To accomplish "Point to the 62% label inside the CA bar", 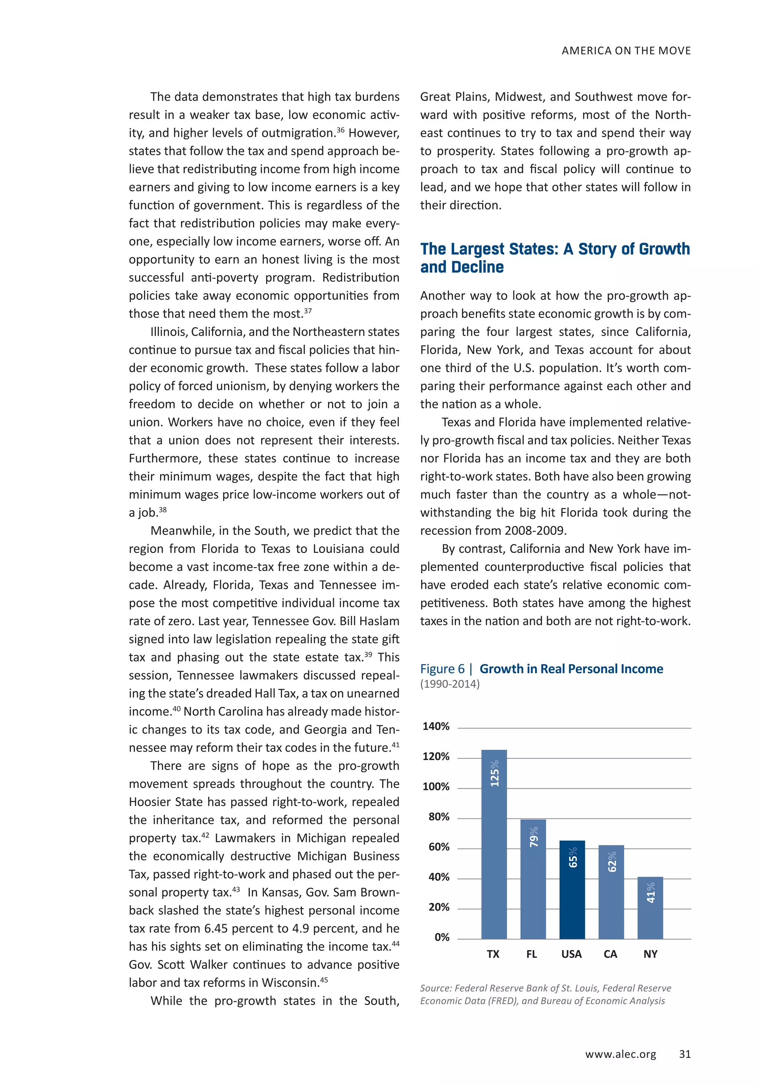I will pyautogui.click(x=611, y=862).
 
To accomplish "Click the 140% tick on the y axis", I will pyautogui.click(x=435, y=726).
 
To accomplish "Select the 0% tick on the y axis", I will pyautogui.click(x=442, y=937).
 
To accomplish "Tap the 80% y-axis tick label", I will pyautogui.click(x=439, y=817).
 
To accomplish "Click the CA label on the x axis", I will pyautogui.click(x=610, y=954).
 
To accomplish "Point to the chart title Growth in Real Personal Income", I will pyautogui.click(x=571, y=669).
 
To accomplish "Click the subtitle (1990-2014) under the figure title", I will pyautogui.click(x=450, y=684).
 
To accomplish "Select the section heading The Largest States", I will pyautogui.click(x=554, y=258).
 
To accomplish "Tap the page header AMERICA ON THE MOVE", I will pyautogui.click(x=626, y=50).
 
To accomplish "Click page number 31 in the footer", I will pyautogui.click(x=685, y=1054).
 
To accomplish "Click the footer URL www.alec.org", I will pyautogui.click(x=620, y=1054).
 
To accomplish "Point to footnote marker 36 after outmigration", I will pyautogui.click(x=340, y=129).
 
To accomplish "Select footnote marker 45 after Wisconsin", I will pyautogui.click(x=324, y=980).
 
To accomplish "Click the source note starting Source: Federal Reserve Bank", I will pyautogui.click(x=545, y=994).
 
